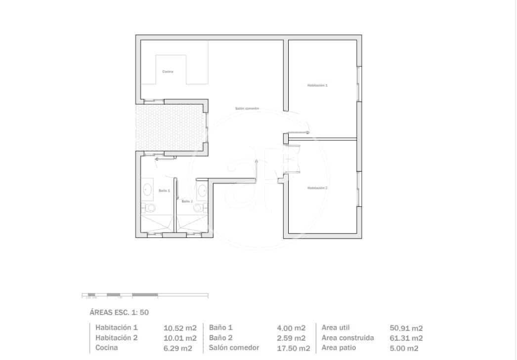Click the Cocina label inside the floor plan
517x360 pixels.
coord(168,72)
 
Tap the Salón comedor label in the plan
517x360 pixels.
coord(247,109)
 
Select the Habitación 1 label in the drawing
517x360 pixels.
coord(317,85)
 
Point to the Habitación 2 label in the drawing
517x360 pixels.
coord(317,188)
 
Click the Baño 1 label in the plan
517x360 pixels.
coord(164,190)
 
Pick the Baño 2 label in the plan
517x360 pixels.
coord(187,201)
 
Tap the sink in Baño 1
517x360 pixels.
coord(147,189)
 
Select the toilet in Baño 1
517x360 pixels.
coord(149,207)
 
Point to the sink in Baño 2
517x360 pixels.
coord(202,189)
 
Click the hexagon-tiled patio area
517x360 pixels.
coord(171,126)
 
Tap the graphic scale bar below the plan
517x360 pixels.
coord(145,295)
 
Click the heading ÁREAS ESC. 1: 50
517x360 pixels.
coord(119,312)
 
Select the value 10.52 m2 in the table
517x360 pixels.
coord(180,328)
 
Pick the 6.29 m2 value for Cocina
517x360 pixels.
coord(178,348)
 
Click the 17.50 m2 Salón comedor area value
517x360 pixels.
coord(294,348)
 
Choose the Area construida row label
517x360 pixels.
coord(347,338)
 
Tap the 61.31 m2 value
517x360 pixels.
coord(406,338)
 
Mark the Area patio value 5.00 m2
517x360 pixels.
coord(404,348)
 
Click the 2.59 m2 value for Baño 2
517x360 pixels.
coord(291,338)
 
